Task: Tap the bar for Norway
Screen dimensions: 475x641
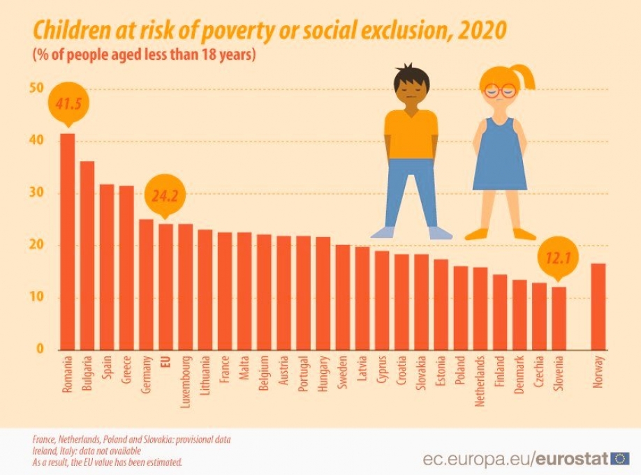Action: pyautogui.click(x=598, y=306)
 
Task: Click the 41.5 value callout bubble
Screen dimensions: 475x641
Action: pyautogui.click(x=67, y=104)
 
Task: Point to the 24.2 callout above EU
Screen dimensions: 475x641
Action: pyautogui.click(x=165, y=197)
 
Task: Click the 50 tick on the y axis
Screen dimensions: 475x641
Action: pyautogui.click(x=36, y=89)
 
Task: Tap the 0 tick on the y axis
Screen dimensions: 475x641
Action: pyautogui.click(x=40, y=349)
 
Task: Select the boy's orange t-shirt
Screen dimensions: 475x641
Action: pyautogui.click(x=411, y=133)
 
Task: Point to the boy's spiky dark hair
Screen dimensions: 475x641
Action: pyautogui.click(x=408, y=73)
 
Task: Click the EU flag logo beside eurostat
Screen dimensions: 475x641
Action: pyautogui.click(x=619, y=458)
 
